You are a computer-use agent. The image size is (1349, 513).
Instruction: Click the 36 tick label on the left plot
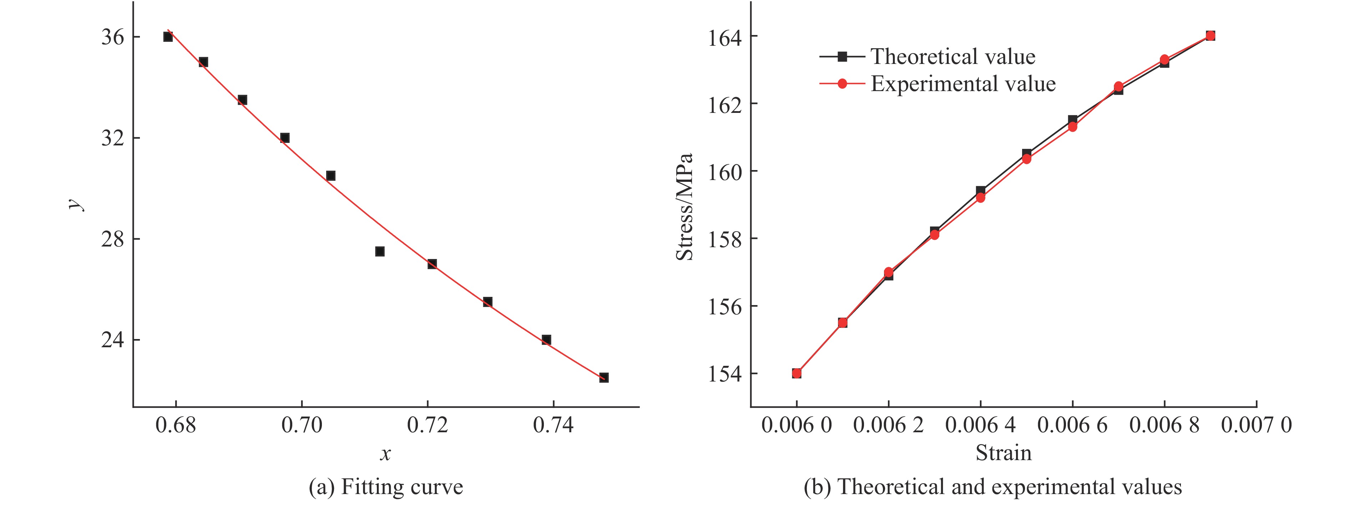112,37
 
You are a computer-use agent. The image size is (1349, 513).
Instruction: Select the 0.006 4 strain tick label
980,425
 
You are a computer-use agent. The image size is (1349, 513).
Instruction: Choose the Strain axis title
1004,453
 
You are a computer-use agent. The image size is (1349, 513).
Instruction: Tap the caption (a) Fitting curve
386,487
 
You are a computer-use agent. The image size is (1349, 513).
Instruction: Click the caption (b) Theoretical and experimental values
993,487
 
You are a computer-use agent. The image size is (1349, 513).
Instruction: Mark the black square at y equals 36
168,37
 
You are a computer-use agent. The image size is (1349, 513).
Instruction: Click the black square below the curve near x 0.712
380,251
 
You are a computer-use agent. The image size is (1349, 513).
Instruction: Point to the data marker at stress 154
797,373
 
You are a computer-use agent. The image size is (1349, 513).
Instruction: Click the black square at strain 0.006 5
1026,154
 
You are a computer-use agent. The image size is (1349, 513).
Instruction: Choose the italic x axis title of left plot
385,454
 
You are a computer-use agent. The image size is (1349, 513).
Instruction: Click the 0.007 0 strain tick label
1256,425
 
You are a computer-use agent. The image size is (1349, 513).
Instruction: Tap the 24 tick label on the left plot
112,340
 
